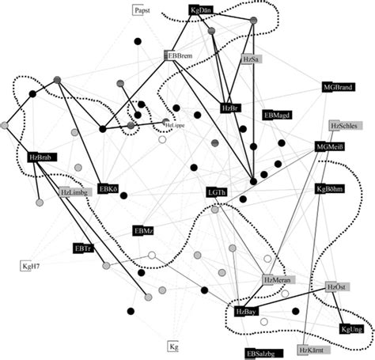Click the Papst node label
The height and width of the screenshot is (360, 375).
pos(142,11)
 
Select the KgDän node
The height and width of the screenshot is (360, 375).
pos(202,11)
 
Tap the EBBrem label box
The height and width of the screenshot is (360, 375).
pos(180,55)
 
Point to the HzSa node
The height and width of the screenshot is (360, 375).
pos(252,60)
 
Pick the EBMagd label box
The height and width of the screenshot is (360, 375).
pos(278,115)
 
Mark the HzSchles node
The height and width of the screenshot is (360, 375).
pos(346,126)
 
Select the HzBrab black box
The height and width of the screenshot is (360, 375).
pos(41,157)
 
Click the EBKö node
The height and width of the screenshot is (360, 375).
pos(108,189)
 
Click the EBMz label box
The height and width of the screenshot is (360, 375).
pos(144,230)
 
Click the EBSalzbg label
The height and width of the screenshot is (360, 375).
pos(262,353)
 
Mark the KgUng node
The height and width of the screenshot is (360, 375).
pos(351,328)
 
